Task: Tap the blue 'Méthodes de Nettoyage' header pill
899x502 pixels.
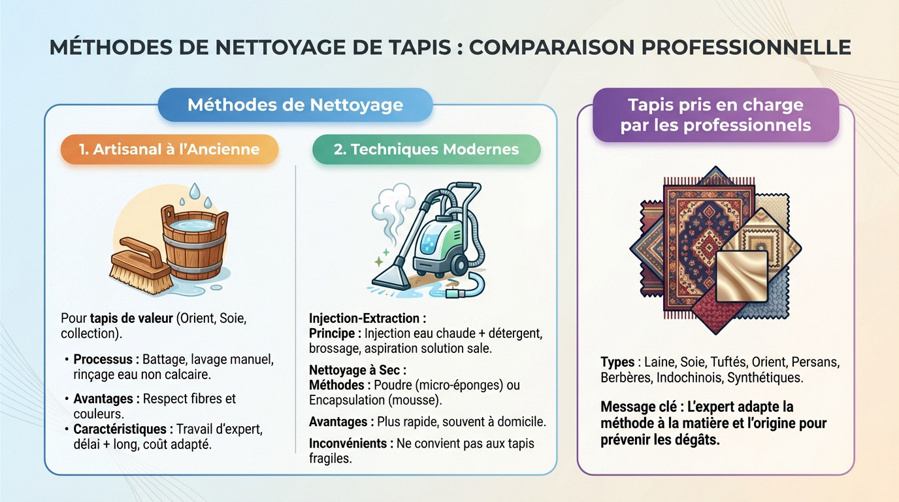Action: [x=295, y=105]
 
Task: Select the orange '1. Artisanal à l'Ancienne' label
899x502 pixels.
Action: [x=169, y=149]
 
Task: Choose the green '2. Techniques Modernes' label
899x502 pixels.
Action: [x=426, y=149]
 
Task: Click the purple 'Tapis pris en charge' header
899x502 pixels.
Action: [x=715, y=115]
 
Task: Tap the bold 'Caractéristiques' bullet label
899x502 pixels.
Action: [x=123, y=429]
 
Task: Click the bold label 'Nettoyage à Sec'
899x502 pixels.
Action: [x=357, y=370]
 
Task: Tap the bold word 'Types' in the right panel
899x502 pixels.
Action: [x=617, y=361]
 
